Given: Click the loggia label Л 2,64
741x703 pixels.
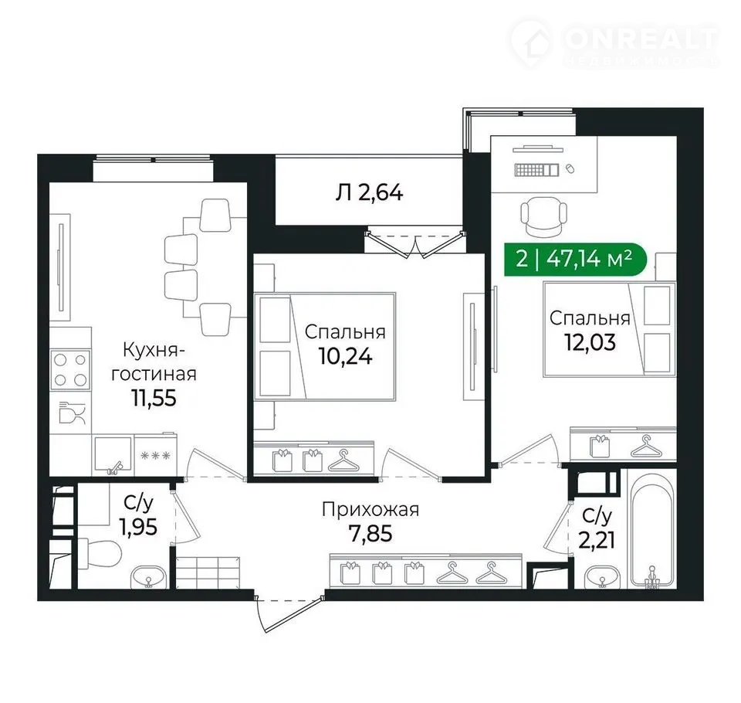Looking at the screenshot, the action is (369, 193).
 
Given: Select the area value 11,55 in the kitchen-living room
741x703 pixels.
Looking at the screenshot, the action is (154, 398).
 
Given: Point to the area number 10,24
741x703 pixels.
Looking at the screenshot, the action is (346, 356).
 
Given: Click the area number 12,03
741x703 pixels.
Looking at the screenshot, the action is (590, 342).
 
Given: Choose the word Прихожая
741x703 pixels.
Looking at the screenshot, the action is (370, 510).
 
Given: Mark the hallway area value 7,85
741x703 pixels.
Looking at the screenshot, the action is (370, 534).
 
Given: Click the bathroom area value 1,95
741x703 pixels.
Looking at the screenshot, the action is (138, 527).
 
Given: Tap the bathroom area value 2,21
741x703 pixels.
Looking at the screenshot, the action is (597, 539).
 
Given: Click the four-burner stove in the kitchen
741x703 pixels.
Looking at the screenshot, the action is (70, 370).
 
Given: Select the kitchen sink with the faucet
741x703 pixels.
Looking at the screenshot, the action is (113, 455).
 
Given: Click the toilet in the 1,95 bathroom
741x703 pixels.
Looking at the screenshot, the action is (99, 552).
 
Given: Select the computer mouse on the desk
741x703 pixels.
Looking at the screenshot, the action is (570, 168).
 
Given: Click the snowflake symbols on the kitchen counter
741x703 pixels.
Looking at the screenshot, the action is (155, 456).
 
